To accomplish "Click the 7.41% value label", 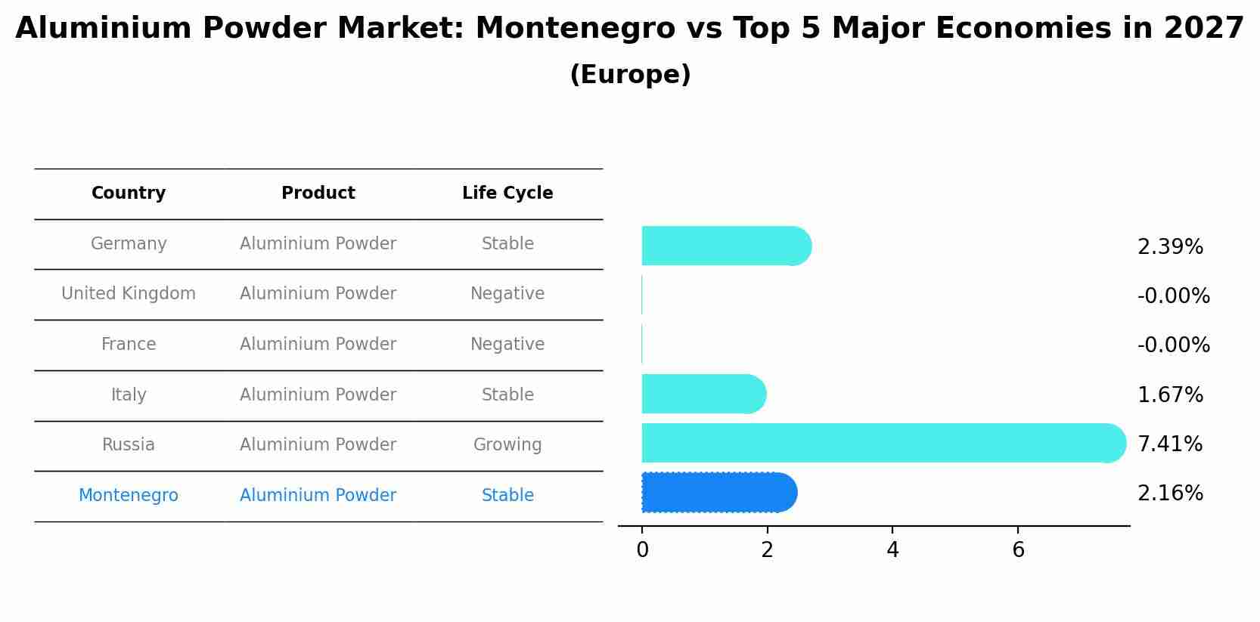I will (x=1169, y=444).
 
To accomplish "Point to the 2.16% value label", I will (x=1169, y=494).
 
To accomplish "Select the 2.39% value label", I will (x=1169, y=247).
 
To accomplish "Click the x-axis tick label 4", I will (x=892, y=550).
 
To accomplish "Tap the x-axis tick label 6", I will (x=1018, y=550).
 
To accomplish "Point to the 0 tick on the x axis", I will (x=642, y=550).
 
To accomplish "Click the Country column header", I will (x=129, y=193).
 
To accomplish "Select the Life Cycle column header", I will (x=507, y=193).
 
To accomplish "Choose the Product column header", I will (x=318, y=193).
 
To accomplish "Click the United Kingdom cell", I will (x=129, y=294).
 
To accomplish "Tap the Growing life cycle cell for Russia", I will (x=507, y=445).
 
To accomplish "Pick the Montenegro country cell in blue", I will (x=129, y=496).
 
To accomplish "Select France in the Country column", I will (x=129, y=345).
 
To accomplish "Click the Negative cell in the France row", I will (x=507, y=345).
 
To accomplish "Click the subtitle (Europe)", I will (x=630, y=75).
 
